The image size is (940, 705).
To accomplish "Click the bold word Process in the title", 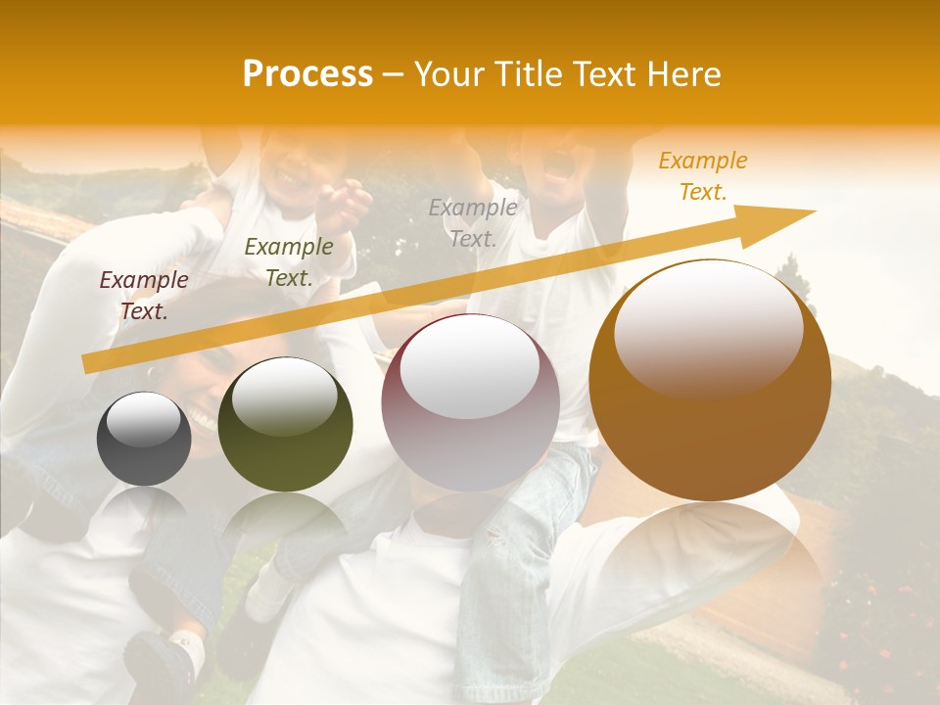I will pyautogui.click(x=307, y=74).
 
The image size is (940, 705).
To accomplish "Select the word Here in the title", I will pyautogui.click(x=683, y=74).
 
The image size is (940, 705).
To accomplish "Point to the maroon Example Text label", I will pyautogui.click(x=144, y=296).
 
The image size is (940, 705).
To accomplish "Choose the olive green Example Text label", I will pyautogui.click(x=288, y=262).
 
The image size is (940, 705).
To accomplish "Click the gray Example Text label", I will pyautogui.click(x=473, y=223).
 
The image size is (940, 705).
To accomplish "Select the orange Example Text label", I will pyautogui.click(x=703, y=176).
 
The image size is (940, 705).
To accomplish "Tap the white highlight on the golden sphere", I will pyautogui.click(x=708, y=323).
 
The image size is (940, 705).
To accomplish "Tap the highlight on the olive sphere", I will pyautogui.click(x=284, y=397).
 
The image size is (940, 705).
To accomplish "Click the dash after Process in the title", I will pyautogui.click(x=394, y=74).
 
